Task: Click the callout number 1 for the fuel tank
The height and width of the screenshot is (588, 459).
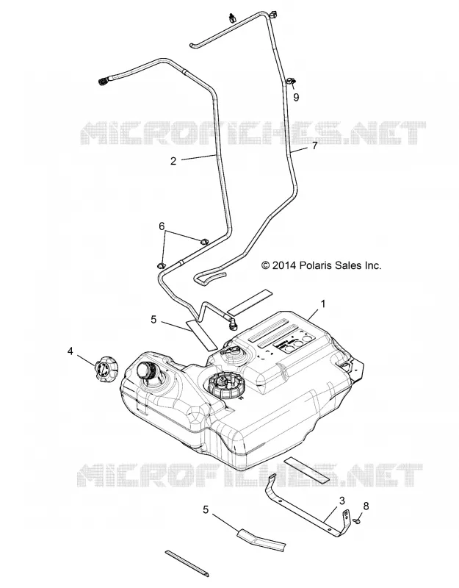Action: click(x=323, y=304)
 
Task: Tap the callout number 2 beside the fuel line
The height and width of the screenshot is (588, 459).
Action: click(x=173, y=161)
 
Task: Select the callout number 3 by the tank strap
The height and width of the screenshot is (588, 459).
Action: click(x=341, y=501)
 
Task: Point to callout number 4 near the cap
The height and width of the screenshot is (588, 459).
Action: click(x=70, y=351)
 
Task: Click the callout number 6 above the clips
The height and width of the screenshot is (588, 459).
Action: click(x=162, y=226)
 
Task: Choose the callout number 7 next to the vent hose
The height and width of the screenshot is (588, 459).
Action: click(x=315, y=146)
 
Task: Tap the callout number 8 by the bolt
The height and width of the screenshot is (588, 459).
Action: click(x=366, y=506)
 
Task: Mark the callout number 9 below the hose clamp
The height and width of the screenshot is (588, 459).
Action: click(x=296, y=97)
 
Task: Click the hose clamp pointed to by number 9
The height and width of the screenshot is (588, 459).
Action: click(x=291, y=81)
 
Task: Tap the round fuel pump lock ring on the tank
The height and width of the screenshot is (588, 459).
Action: click(x=225, y=387)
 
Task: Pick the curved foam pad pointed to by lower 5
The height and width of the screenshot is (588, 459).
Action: click(x=261, y=539)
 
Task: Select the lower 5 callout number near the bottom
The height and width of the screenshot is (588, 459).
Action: click(x=206, y=509)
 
